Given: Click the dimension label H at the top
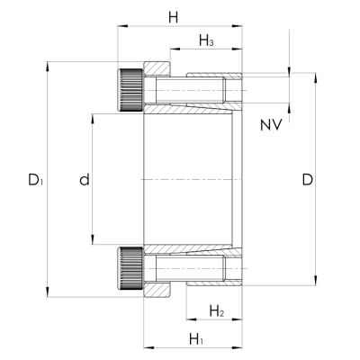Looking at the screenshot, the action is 173,17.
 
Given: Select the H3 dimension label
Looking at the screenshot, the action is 206,40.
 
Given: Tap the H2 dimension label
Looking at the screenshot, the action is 217,311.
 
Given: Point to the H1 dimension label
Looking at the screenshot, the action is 196,339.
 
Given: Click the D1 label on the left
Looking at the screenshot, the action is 36,180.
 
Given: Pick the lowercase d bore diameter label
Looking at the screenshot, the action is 85,179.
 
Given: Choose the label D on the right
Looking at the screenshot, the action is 308,180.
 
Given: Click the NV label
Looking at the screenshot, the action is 271,125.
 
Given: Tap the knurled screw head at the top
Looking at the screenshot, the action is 130,90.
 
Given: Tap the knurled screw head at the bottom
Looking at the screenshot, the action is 130,268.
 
